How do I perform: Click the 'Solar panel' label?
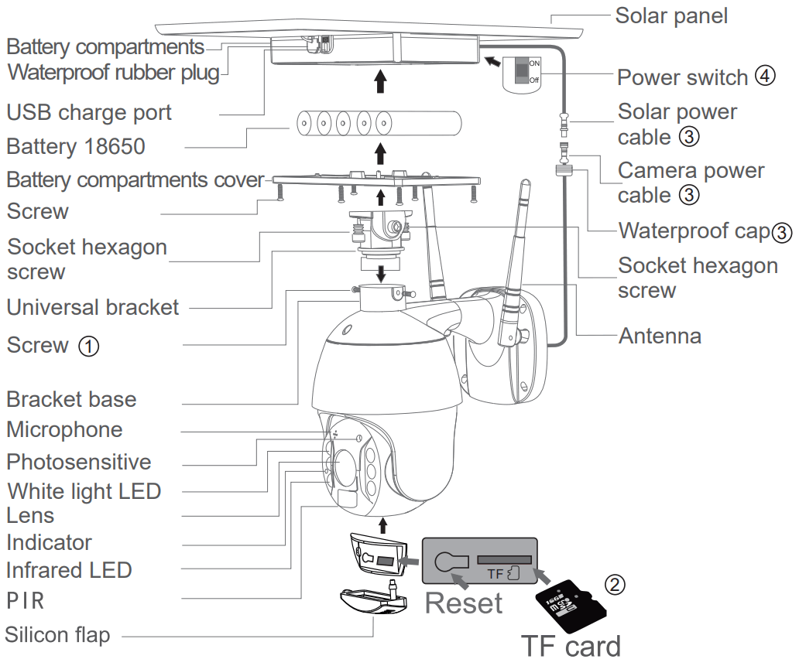[670, 15]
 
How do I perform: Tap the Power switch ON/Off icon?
[523, 72]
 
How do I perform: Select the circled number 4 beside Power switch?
[765, 77]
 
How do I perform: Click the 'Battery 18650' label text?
[76, 146]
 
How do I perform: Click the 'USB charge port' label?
[89, 112]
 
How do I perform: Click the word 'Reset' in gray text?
[464, 603]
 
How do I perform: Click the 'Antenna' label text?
[660, 336]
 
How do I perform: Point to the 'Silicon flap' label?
[57, 635]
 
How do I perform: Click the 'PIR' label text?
[25, 600]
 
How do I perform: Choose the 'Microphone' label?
[64, 429]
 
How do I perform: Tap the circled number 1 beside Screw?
[88, 346]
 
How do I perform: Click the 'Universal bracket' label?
[93, 307]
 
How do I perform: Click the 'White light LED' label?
[84, 490]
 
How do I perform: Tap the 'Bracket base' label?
[71, 399]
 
